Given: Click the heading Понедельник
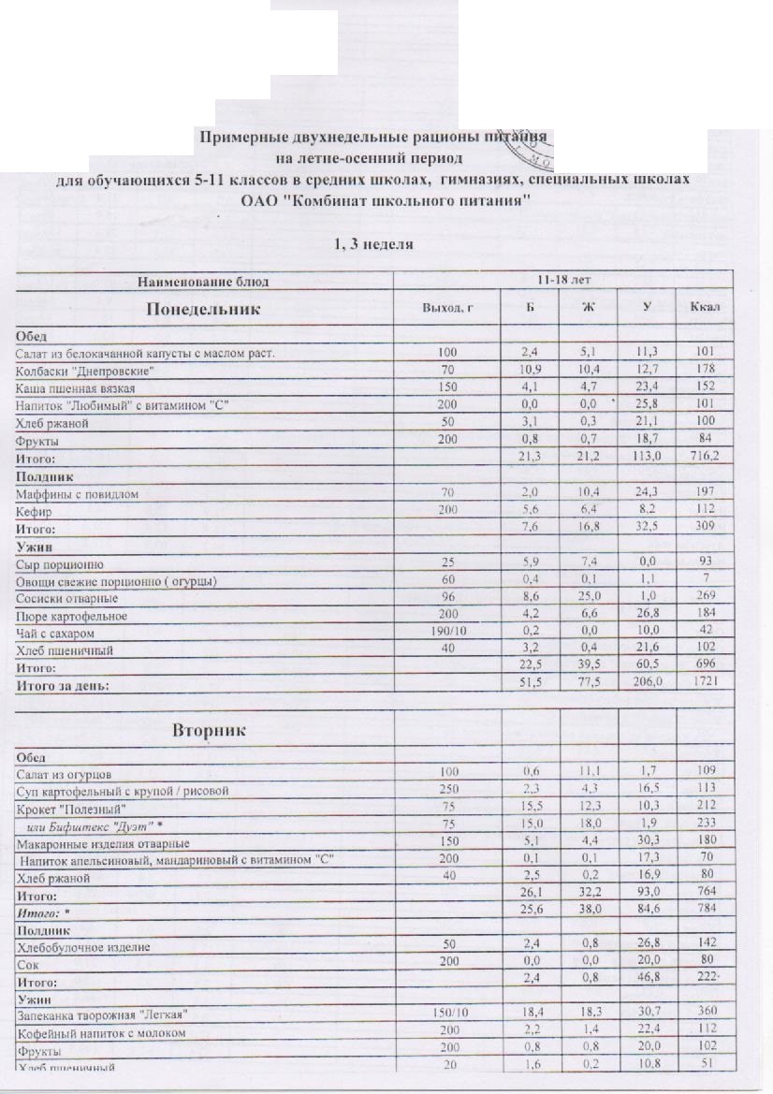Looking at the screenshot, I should click(201, 309).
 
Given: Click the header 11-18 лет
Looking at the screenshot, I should click(563, 280).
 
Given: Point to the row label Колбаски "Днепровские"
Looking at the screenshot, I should click(84, 372).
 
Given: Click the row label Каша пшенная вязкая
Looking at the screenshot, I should click(76, 388).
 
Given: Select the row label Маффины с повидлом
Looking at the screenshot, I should click(76, 493).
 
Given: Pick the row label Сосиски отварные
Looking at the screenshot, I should click(66, 599).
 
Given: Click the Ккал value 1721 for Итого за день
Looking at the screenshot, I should click(705, 686).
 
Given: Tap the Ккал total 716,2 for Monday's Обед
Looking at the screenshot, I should click(705, 459).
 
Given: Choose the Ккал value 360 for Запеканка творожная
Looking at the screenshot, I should click(705, 1015).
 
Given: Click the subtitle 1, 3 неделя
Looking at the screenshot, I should click(374, 245).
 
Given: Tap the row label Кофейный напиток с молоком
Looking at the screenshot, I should click(101, 1033).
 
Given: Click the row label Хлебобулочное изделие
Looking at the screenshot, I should click(83, 948).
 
